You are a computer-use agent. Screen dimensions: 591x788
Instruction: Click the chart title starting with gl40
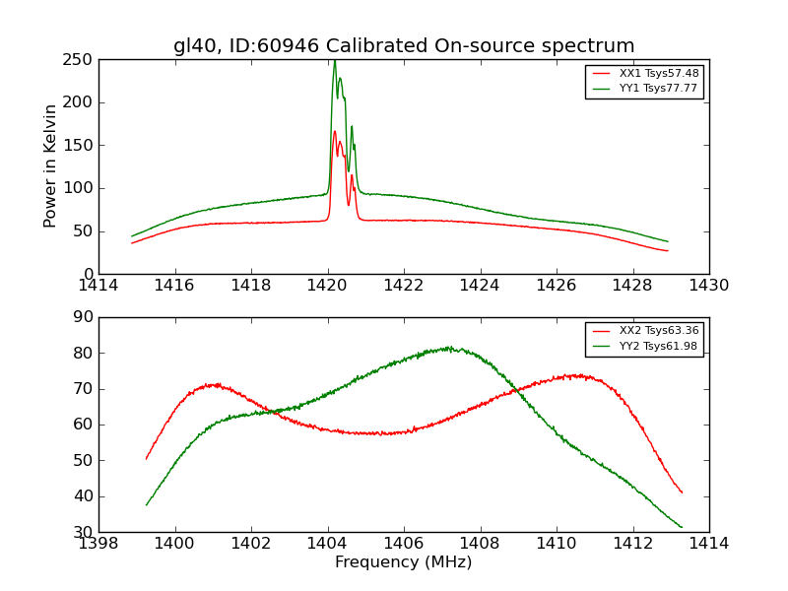(404, 46)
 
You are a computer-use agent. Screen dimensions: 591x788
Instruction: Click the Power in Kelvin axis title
(50, 166)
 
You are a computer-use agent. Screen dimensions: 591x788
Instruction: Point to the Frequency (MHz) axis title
(404, 562)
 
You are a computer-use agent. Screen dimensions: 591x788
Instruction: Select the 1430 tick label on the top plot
(708, 286)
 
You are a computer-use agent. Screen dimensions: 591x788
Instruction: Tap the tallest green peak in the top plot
(335, 61)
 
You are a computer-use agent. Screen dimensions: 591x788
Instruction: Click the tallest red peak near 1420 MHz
(335, 131)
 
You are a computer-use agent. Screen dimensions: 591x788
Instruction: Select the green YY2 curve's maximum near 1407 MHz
(448, 347)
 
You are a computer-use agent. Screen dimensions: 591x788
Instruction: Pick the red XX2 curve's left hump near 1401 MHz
(212, 384)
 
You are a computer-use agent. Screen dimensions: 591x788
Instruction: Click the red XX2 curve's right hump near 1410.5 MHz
(581, 375)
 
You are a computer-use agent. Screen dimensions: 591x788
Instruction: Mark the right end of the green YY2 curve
(682, 527)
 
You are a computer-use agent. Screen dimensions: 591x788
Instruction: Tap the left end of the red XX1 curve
(132, 243)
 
